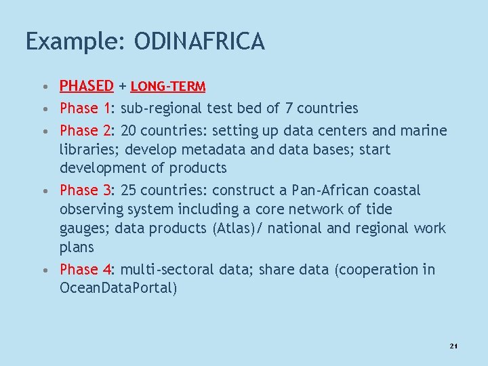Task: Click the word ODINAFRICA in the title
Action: pyautogui.click(x=199, y=42)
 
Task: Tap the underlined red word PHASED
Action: pyautogui.click(x=86, y=86)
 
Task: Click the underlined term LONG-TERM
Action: pyautogui.click(x=168, y=87)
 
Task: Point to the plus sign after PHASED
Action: pyautogui.click(x=122, y=87)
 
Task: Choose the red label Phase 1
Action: pyautogui.click(x=85, y=108)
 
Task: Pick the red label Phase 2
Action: pyautogui.click(x=85, y=130)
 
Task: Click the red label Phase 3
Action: pyautogui.click(x=85, y=190)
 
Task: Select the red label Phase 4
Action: pyautogui.click(x=85, y=269)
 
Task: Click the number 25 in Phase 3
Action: pyautogui.click(x=129, y=190)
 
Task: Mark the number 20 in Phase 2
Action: pyautogui.click(x=129, y=130)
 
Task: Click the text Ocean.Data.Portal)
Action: pyautogui.click(x=119, y=288)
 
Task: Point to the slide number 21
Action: pyautogui.click(x=453, y=346)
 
